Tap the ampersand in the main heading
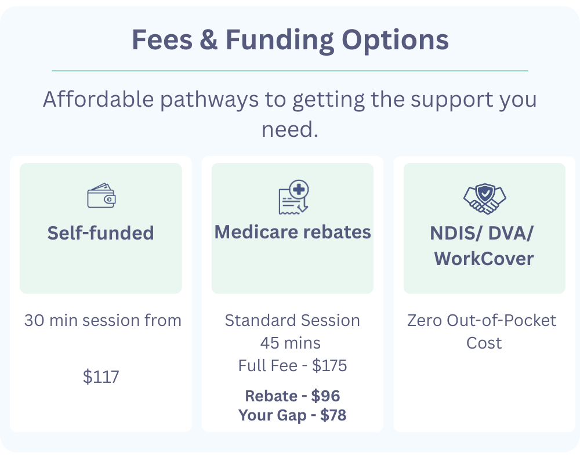[206, 39]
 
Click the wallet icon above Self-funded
[101, 196]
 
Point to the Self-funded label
[101, 233]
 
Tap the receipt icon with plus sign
[293, 197]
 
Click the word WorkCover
[484, 259]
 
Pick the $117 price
[101, 377]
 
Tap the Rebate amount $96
[325, 396]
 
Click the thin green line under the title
[290, 71]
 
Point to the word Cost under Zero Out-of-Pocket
[484, 343]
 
